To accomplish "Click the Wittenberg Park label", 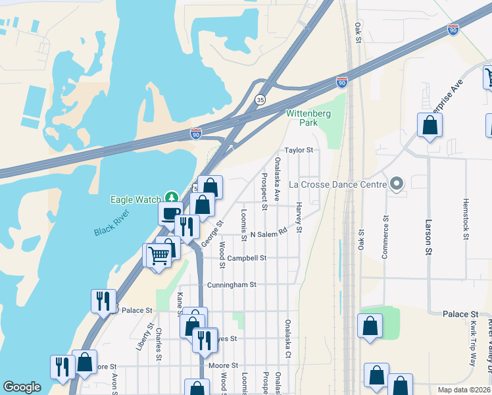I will pos(308,118).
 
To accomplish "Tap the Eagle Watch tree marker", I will pos(172,197).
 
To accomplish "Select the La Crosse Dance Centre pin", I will pos(396,184).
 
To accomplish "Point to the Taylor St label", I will pos(299,150).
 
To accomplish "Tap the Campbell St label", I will pos(247,258).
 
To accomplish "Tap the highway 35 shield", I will pos(261,99).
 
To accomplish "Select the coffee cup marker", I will pos(170,213).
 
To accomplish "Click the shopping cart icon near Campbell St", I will pos(158,255).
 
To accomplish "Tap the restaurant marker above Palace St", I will pos(103,300).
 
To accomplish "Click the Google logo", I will pos(22,388).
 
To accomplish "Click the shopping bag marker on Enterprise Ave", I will pos(430,124).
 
